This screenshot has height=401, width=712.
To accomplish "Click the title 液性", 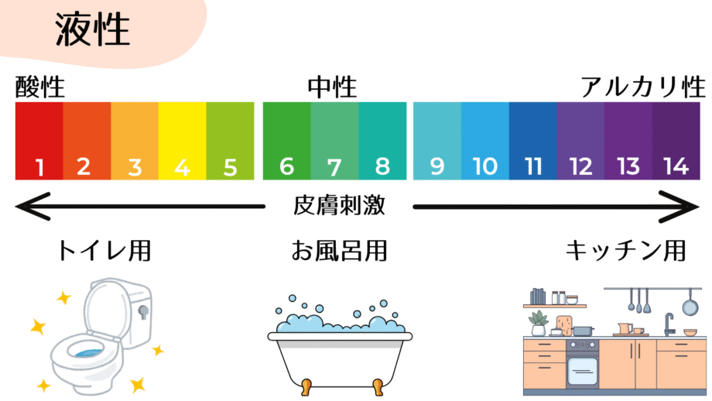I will pyautogui.click(x=92, y=32).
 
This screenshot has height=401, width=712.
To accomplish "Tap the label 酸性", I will pyautogui.click(x=39, y=87).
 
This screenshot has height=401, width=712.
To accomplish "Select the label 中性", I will pyautogui.click(x=332, y=87).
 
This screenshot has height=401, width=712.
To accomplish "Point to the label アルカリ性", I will pyautogui.click(x=643, y=87).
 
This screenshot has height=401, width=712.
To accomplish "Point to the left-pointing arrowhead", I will pyautogui.click(x=28, y=207).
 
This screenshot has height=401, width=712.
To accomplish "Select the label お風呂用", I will pyautogui.click(x=338, y=251).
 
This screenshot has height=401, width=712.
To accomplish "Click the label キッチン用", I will pyautogui.click(x=625, y=251).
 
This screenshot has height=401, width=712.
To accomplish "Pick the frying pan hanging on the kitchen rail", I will pyautogui.click(x=686, y=307).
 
